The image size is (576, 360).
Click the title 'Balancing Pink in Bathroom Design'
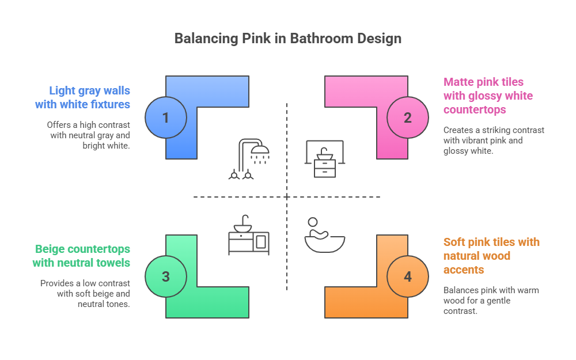tap(287, 39)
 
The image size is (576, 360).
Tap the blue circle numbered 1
tap(166, 118)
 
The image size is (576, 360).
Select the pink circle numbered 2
tap(408, 118)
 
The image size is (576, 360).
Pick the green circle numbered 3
tap(166, 276)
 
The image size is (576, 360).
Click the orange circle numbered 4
tap(408, 276)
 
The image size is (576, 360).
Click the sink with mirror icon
tap(324, 159)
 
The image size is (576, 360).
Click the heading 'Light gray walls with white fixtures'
tap(83, 97)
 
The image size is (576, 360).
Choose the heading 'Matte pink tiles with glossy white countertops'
tap(488, 96)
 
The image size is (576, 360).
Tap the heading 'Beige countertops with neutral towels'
tap(82, 256)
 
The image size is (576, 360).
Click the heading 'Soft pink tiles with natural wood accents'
tap(491, 256)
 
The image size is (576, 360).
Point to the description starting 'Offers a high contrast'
tap(89, 135)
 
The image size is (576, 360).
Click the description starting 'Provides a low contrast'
tap(85, 294)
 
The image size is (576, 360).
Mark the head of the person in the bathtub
tap(313, 222)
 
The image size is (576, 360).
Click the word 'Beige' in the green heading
tap(51, 249)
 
